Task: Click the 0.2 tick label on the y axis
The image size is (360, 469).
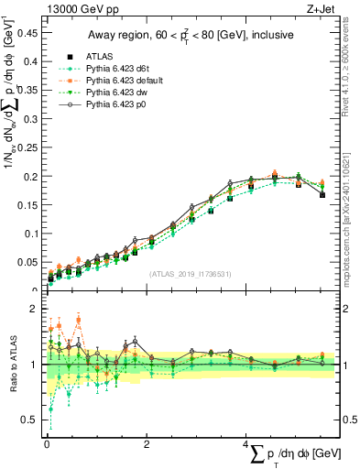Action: pos(31,176)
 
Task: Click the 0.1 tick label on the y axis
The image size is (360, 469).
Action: pos(31,234)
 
